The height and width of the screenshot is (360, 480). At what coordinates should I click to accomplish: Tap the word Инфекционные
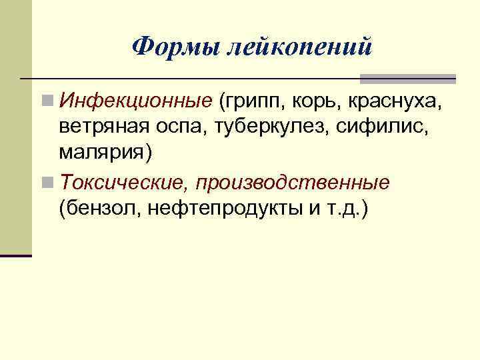point(135,101)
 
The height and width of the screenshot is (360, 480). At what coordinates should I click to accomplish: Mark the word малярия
point(105,153)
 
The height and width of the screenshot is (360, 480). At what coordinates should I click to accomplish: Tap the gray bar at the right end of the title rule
point(407,79)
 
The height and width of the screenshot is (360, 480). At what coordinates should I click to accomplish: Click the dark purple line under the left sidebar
point(16,255)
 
